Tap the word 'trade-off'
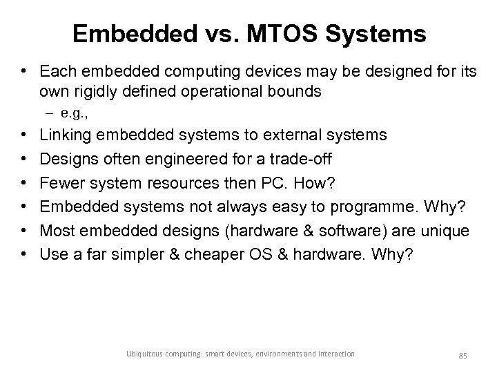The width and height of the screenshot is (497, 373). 301,158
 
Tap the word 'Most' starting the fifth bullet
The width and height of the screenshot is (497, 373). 57,229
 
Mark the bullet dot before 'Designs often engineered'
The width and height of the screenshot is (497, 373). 23,158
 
